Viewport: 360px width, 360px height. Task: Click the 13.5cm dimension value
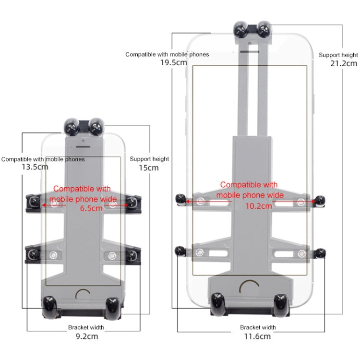coord(35,168)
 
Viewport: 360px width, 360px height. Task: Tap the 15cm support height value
coord(149,168)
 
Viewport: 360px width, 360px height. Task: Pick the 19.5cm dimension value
coord(174,62)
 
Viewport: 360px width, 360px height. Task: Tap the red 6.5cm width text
coord(91,208)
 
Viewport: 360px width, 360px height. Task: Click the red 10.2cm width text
coord(259,205)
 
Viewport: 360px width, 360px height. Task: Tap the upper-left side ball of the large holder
coord(181,199)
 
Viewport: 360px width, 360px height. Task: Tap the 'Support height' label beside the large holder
coord(338,55)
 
